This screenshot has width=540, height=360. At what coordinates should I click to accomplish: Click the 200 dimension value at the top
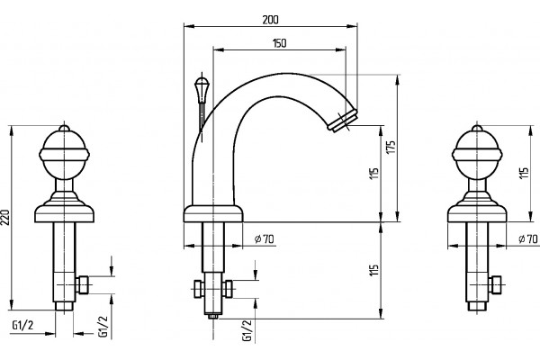click(270, 20)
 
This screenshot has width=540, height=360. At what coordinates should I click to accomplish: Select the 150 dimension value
click(279, 43)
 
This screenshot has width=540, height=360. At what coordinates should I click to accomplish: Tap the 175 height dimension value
click(391, 147)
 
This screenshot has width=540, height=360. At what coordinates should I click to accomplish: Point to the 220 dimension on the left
click(5, 217)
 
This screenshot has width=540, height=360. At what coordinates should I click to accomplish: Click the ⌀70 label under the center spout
click(264, 238)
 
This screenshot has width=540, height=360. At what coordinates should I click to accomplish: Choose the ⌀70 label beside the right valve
click(528, 238)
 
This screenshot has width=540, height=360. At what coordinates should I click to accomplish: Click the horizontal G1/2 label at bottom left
click(22, 325)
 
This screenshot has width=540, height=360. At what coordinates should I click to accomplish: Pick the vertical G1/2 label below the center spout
click(247, 330)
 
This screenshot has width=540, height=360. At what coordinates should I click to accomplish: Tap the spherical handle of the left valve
click(64, 154)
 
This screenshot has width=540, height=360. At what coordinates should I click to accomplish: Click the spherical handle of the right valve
click(477, 154)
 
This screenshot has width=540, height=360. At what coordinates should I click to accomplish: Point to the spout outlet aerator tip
click(342, 120)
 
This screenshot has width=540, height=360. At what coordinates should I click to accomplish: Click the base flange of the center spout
click(213, 213)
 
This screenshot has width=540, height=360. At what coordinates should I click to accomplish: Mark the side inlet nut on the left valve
click(83, 285)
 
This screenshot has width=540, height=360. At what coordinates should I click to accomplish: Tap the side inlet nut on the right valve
click(495, 285)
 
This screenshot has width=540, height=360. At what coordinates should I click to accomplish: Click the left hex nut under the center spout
click(198, 289)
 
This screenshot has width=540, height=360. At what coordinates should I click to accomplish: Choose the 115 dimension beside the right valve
click(524, 174)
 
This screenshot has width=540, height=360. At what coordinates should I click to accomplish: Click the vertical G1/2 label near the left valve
click(103, 326)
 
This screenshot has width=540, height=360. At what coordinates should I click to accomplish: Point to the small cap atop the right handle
click(477, 128)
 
